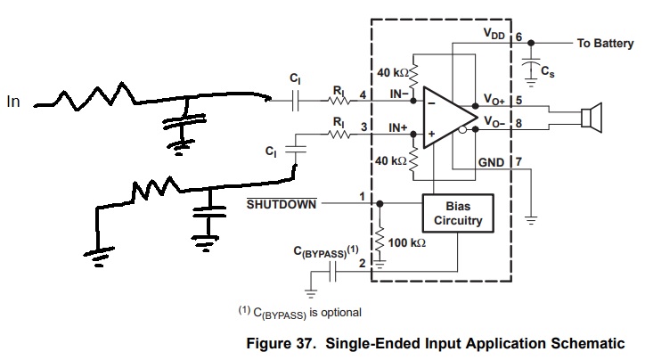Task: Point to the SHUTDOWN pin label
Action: [x=282, y=205]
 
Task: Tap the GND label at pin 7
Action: [x=492, y=162]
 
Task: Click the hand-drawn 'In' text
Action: [x=13, y=102]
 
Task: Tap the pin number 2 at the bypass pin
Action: [x=362, y=264]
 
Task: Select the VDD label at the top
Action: [x=494, y=32]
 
